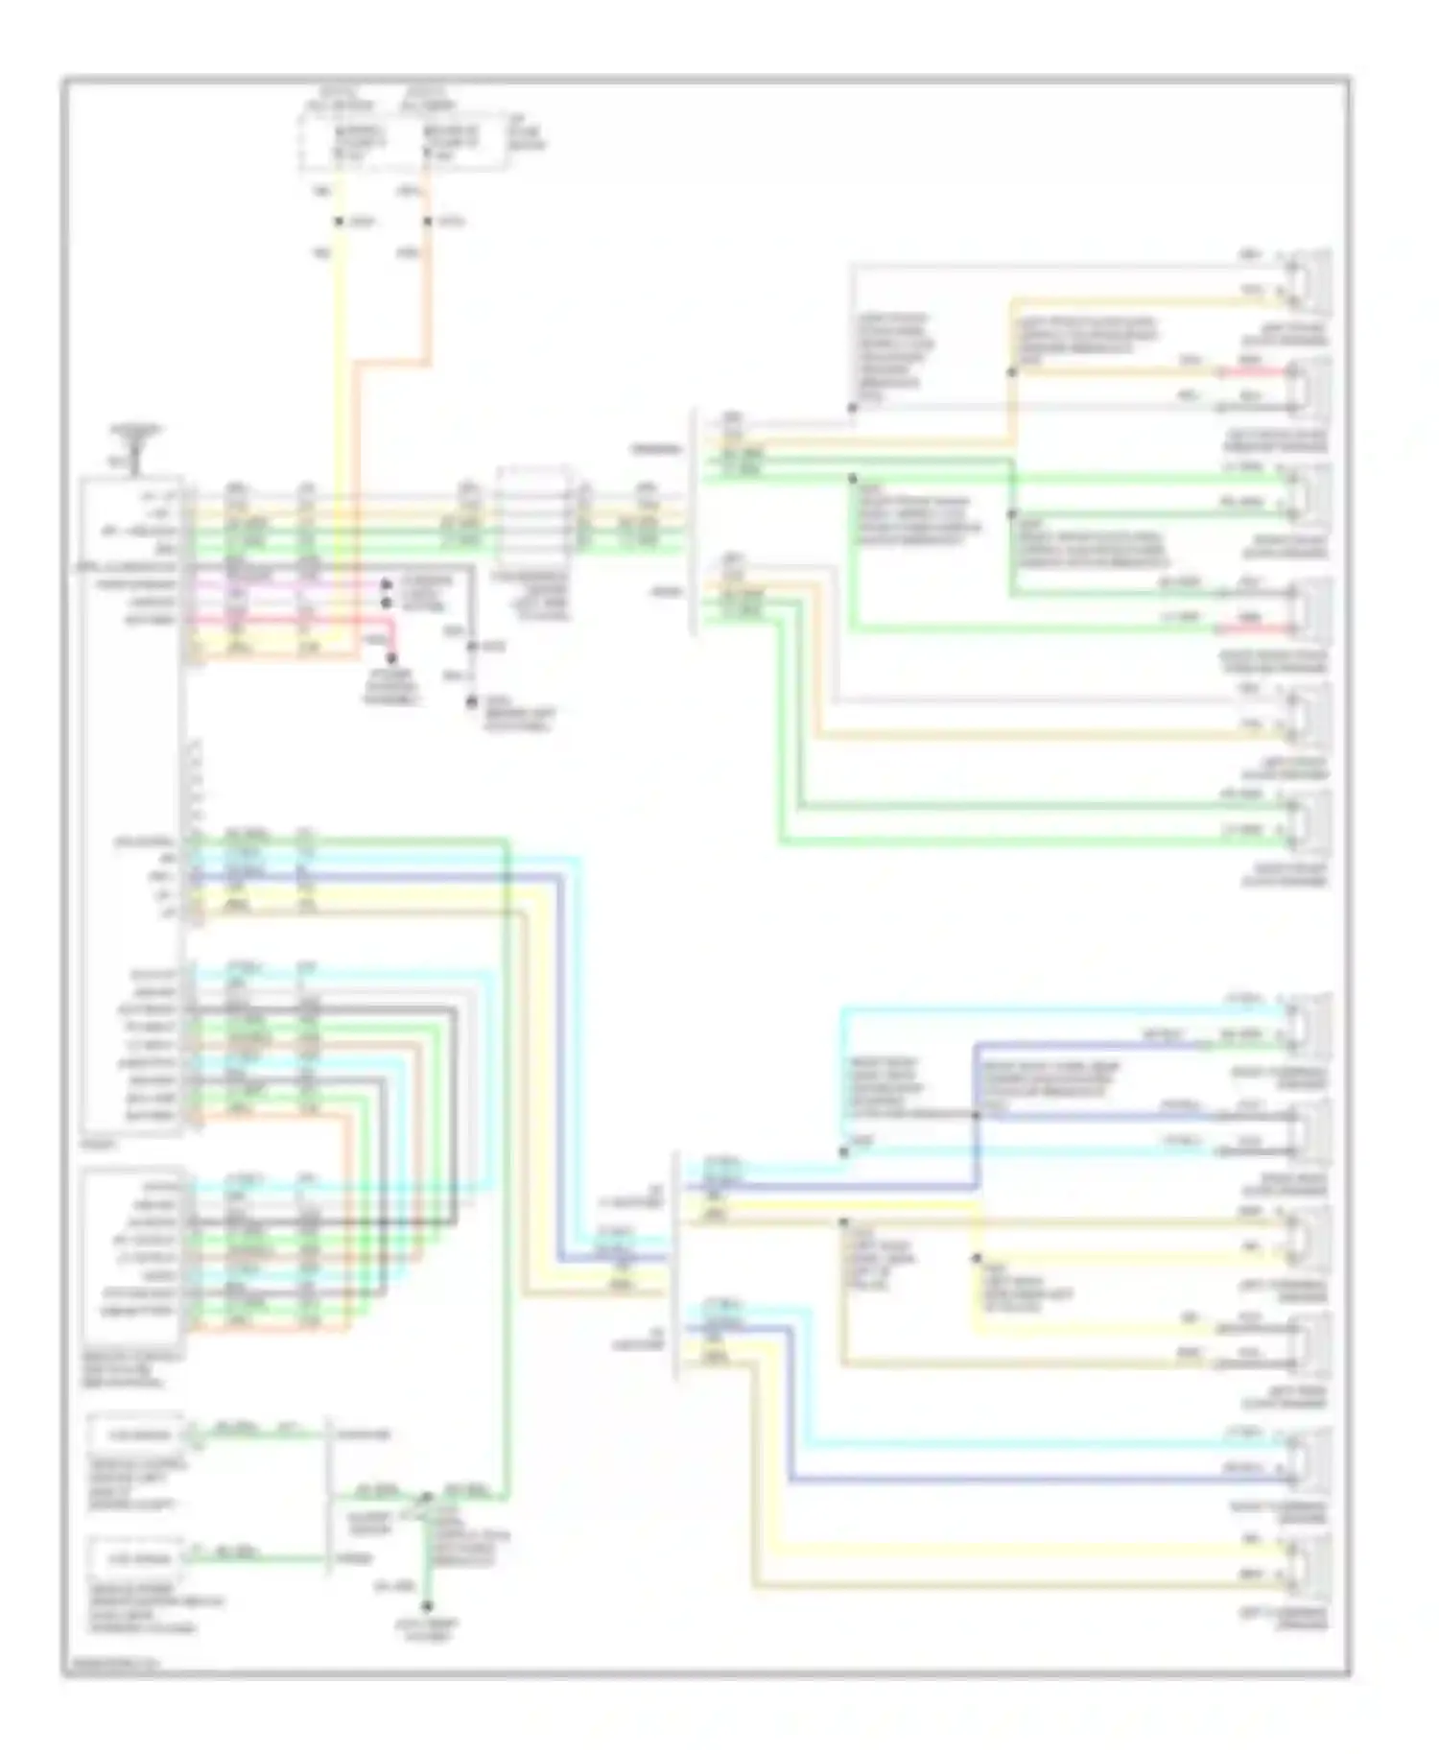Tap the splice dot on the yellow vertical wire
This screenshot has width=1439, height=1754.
339,223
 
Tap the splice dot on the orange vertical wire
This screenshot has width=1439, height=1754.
428,223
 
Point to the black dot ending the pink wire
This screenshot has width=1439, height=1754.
387,585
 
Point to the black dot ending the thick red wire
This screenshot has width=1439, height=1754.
390,659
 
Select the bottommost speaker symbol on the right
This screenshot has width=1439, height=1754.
1310,1563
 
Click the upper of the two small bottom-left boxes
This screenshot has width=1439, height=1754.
135,1435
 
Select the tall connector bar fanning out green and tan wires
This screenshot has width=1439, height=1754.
693,523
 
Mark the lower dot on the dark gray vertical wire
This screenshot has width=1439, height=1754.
471,703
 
